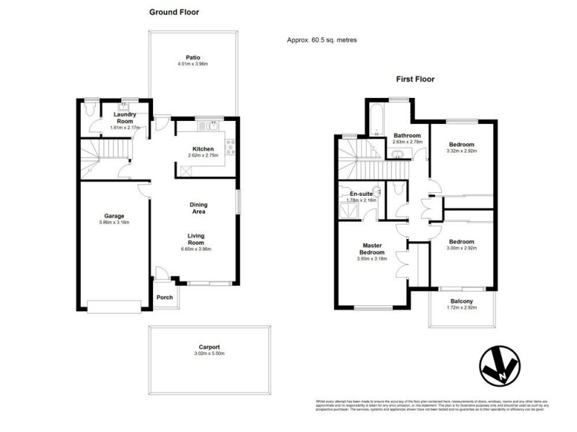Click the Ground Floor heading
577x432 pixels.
click(174, 12)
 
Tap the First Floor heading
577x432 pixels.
click(414, 80)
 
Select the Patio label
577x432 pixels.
click(192, 58)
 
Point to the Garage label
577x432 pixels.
click(114, 215)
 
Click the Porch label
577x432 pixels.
click(164, 297)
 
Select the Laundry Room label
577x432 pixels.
click(124, 117)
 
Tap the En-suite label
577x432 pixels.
click(360, 194)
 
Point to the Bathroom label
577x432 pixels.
click(408, 135)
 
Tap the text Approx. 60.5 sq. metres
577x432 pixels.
click(322, 40)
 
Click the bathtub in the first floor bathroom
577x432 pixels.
click(377, 120)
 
